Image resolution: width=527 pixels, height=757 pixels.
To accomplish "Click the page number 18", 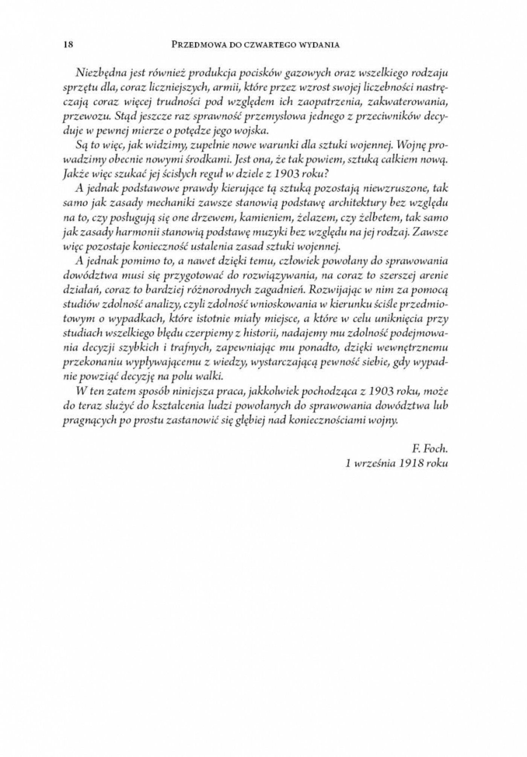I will click(68, 45).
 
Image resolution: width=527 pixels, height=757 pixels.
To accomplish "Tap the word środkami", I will click(206, 160).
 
